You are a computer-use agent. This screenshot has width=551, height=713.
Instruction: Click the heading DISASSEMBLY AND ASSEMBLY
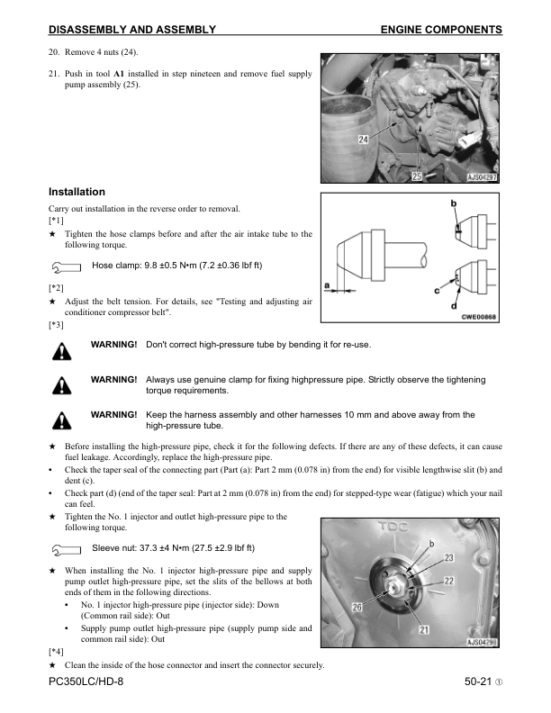[131, 30]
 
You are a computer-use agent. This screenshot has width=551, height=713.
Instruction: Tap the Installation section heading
[77, 192]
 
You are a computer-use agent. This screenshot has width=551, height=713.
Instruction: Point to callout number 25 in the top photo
[417, 176]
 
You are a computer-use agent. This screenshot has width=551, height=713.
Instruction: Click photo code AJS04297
[483, 177]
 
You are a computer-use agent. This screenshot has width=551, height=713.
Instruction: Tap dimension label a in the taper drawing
[326, 285]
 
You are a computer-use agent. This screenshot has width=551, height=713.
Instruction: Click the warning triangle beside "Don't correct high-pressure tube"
[62, 350]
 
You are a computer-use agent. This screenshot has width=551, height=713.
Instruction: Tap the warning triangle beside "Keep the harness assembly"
[62, 419]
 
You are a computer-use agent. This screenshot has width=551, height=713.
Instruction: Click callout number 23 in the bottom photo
[449, 558]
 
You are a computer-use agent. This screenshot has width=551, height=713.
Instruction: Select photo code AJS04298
[483, 643]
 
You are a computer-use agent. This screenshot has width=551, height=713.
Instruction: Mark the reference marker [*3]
[56, 324]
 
